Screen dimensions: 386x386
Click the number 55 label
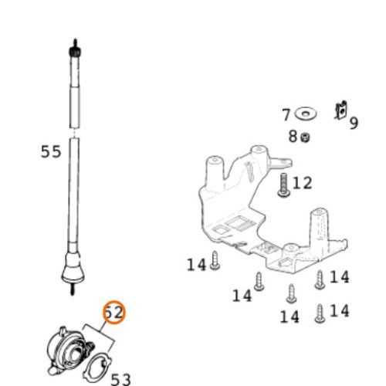pos(51,151)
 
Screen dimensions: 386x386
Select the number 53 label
pos(120,380)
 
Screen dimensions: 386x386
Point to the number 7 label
pos(286,115)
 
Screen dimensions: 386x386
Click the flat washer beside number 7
pos(306,113)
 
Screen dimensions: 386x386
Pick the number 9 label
pos(354,123)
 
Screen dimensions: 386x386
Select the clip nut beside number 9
pos(341,110)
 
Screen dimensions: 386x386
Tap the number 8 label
pos(293,137)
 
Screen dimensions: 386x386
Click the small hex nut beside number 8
pos(306,137)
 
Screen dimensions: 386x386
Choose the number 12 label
pos(303,183)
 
